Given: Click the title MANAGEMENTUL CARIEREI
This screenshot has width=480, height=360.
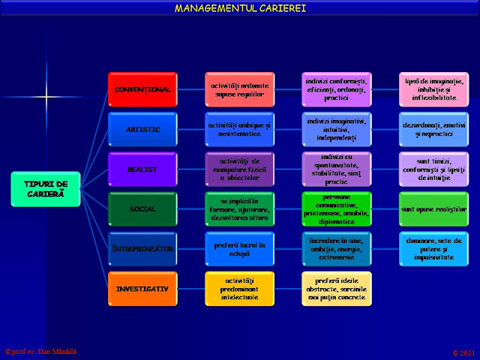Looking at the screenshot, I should (x=240, y=8).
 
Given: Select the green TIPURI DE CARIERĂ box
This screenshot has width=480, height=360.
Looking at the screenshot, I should (x=45, y=188).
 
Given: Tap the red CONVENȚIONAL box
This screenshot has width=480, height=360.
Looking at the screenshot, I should (x=142, y=89).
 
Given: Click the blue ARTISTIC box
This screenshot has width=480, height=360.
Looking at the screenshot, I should (x=142, y=129).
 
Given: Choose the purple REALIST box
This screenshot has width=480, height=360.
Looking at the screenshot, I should (x=142, y=169).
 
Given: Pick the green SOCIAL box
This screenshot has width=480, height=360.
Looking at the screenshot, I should (x=142, y=208).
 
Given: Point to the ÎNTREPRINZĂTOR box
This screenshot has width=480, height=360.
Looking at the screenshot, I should (x=142, y=248).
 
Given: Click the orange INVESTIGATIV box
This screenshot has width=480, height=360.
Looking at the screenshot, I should (x=142, y=288).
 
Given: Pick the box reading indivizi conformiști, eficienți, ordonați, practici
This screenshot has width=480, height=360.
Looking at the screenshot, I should (x=337, y=89).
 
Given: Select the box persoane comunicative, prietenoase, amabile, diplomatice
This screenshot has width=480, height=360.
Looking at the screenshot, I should (x=337, y=208).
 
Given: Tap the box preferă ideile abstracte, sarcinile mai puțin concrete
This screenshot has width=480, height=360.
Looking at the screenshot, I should (x=337, y=288).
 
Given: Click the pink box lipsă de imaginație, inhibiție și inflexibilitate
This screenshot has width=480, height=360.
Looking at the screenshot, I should (x=433, y=89).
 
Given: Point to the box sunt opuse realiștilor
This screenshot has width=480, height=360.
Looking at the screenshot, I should (x=433, y=208).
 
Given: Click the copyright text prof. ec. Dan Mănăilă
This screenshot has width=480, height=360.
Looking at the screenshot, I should (x=41, y=351).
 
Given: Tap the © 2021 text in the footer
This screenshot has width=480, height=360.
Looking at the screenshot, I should (x=463, y=352).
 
